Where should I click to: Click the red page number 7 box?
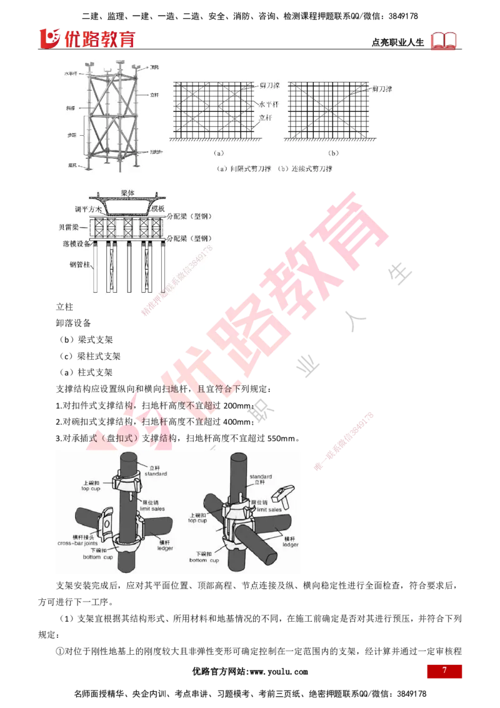(x=444, y=671)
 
